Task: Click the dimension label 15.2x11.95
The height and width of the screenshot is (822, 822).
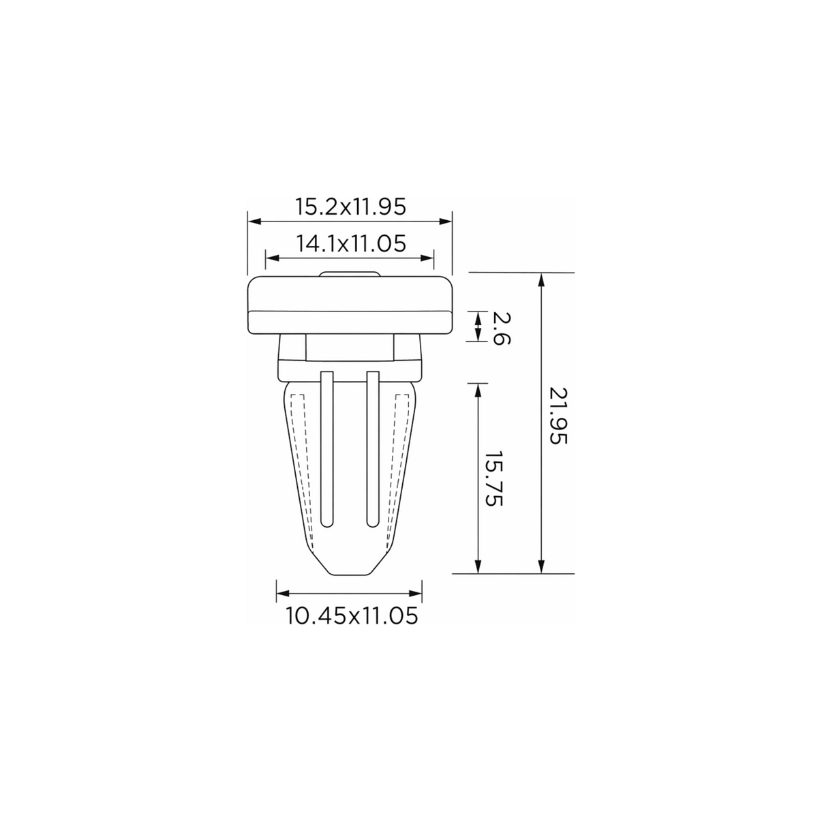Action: [350, 207]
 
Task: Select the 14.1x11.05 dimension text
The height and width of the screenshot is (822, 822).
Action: [350, 244]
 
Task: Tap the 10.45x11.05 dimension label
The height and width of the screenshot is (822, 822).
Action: [352, 616]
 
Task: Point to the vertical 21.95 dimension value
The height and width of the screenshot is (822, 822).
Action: [558, 416]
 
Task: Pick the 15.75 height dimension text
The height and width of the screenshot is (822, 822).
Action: [495, 478]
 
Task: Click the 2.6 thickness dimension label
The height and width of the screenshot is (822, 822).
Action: [502, 328]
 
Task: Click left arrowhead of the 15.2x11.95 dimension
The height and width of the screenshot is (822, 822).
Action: [254, 221]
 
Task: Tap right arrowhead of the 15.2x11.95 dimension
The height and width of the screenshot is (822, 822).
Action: [445, 221]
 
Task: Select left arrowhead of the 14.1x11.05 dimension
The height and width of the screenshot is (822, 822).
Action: [272, 258]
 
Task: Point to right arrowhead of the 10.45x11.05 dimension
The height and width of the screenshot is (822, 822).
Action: [415, 594]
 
